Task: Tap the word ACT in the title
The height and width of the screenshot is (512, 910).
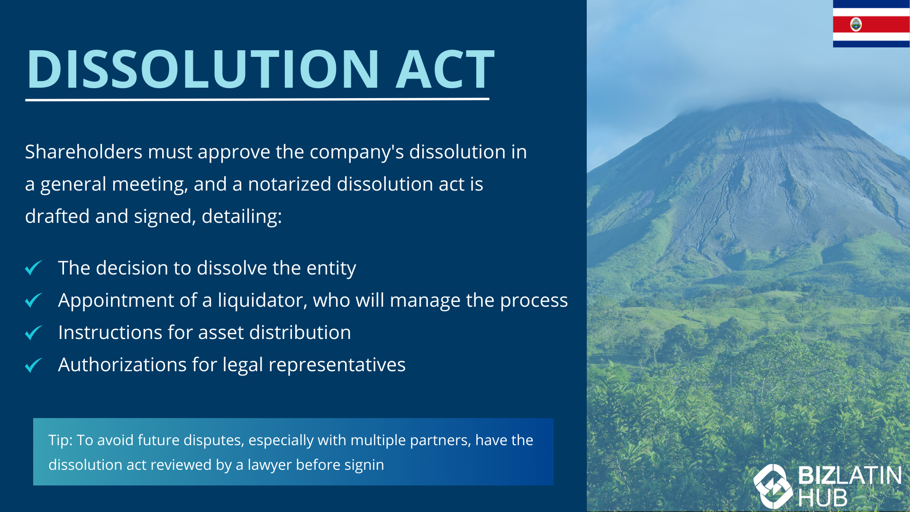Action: point(445,69)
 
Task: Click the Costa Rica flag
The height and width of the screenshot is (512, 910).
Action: point(871,24)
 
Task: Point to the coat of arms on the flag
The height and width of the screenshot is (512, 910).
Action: point(856,24)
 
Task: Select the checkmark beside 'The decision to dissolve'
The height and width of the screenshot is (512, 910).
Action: point(34,268)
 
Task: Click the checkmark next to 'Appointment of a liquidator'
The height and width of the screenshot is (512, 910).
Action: point(34,300)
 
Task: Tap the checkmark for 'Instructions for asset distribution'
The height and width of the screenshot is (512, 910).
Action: point(34,332)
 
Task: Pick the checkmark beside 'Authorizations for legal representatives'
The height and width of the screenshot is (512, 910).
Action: point(34,365)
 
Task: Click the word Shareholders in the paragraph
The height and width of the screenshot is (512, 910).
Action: point(83,152)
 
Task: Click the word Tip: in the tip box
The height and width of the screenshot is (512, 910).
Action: point(60,440)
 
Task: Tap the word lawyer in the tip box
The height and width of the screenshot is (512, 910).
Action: point(269,465)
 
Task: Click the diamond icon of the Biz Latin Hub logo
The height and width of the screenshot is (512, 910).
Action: point(773,486)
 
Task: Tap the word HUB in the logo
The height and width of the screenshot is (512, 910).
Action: point(822,498)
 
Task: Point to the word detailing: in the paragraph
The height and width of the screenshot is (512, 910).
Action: point(242,217)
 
